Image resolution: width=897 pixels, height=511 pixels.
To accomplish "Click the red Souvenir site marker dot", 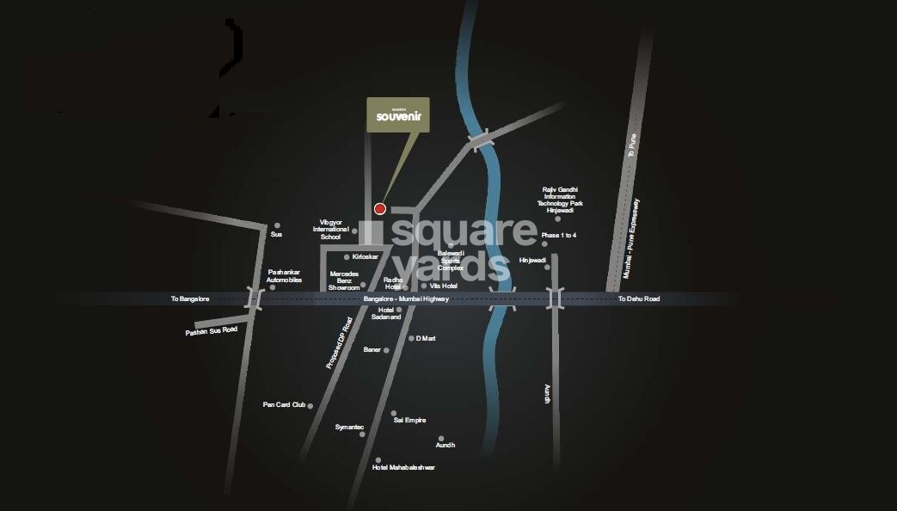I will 379,208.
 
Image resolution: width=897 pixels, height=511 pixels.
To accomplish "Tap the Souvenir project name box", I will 399,116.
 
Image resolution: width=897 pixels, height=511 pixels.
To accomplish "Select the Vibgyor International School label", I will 331,230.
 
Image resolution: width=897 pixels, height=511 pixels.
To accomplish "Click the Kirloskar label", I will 365,256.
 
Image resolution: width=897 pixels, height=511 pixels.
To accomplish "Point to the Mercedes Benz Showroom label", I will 344,280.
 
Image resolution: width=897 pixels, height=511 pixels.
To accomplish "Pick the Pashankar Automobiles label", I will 284,275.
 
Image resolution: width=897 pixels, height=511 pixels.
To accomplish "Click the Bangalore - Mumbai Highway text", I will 406,299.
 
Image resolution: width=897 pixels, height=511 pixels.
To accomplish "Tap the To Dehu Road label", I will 639,299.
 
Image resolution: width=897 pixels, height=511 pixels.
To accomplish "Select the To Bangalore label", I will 189,299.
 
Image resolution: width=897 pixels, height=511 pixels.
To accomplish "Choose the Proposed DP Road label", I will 339,343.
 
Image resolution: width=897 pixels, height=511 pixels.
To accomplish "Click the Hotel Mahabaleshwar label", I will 403,467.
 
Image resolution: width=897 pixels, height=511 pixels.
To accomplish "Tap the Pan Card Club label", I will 284,404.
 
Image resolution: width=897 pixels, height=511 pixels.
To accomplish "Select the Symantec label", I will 349,427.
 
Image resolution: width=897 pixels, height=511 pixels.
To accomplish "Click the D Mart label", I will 426,338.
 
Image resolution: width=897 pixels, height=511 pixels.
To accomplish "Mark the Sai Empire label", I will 409,420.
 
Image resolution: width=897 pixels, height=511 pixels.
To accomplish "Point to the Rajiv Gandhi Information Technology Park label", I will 561,200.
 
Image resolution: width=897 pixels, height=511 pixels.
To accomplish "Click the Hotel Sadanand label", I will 385,313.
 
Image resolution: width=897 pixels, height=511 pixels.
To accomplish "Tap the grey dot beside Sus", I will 277,225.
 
